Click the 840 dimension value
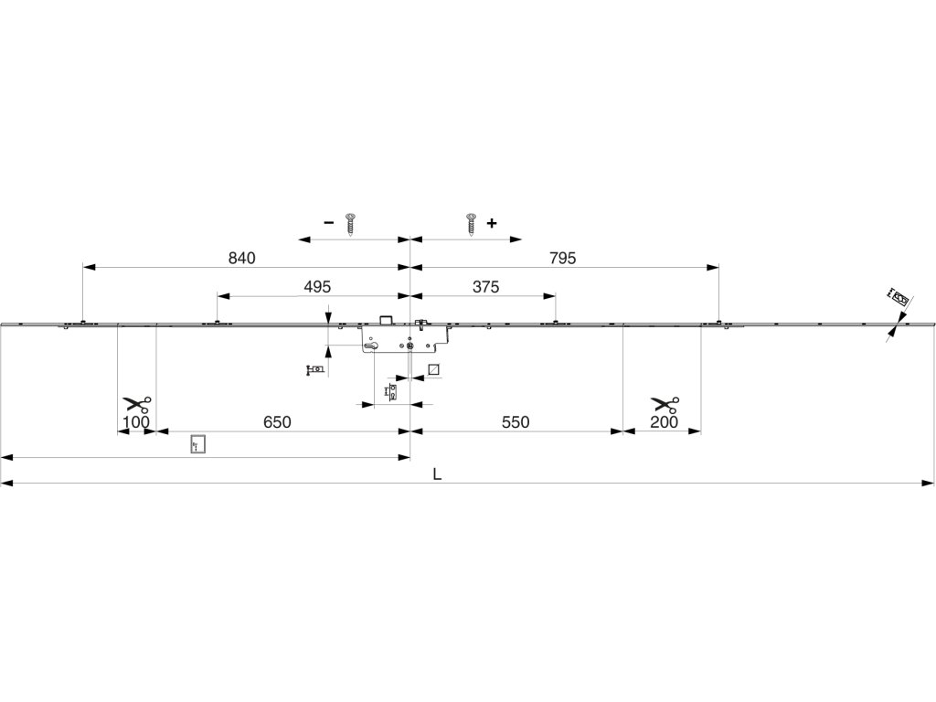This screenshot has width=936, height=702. tap(241, 259)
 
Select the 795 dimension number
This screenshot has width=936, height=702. tap(563, 259)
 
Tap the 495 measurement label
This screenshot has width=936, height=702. tap(317, 287)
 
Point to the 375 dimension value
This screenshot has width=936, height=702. tap(485, 287)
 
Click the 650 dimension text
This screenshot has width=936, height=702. tap(277, 422)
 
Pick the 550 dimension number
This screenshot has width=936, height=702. tap(516, 422)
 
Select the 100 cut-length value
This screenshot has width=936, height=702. tap(136, 422)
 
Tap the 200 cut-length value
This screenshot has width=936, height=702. tap(665, 422)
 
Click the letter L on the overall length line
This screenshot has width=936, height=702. tap(438, 475)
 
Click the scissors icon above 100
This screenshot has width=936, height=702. tap(137, 404)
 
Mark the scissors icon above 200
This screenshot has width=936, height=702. tap(665, 404)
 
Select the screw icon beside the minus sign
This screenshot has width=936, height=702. tap(349, 224)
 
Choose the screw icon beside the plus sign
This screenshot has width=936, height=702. tap(472, 224)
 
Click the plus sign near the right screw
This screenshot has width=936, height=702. tap(492, 223)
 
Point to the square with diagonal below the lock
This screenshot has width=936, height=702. tap(434, 369)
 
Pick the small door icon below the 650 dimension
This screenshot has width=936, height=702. tap(197, 446)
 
